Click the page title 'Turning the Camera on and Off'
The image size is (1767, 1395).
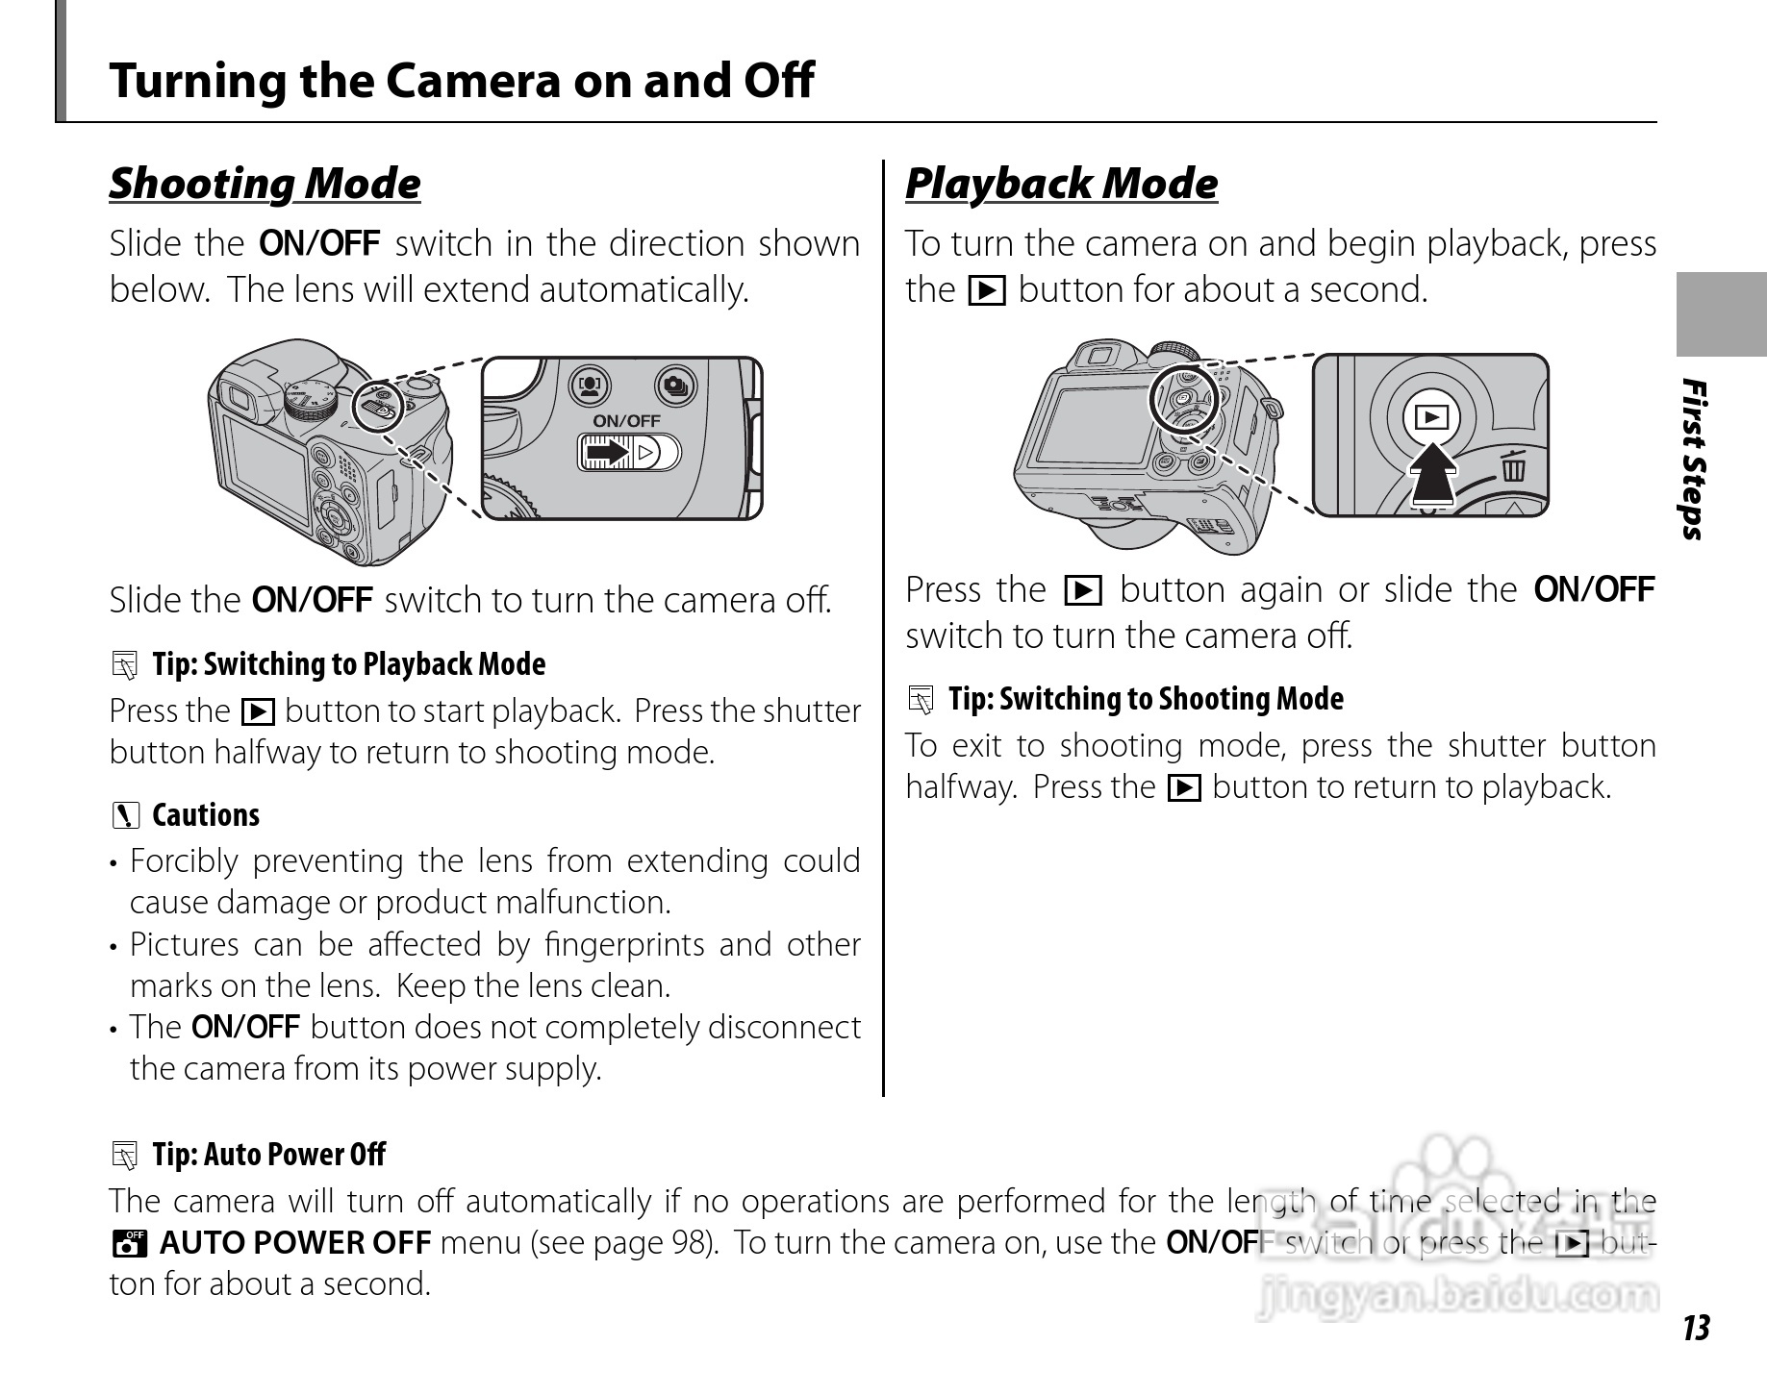click(x=462, y=80)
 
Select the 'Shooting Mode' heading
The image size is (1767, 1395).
click(x=265, y=184)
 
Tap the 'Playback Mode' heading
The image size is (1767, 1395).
click(x=1061, y=184)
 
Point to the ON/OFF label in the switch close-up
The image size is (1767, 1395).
click(x=626, y=421)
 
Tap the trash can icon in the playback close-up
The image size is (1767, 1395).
click(x=1513, y=467)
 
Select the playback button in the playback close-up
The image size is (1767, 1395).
click(x=1431, y=417)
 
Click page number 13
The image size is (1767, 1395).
click(x=1696, y=1328)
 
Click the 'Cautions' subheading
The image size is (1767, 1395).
click(x=205, y=815)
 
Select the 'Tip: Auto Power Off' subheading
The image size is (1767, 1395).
click(x=268, y=1154)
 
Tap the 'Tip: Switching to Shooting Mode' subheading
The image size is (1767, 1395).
click(x=1145, y=699)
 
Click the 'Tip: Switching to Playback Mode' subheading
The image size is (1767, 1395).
click(x=348, y=664)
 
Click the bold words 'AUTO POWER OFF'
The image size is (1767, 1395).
click(x=294, y=1243)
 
